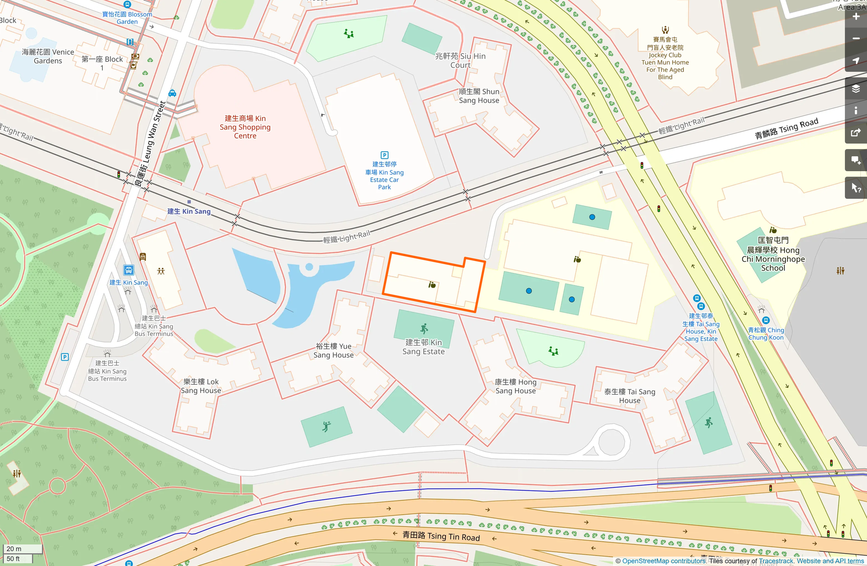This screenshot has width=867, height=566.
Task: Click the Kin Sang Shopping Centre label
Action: (245, 127)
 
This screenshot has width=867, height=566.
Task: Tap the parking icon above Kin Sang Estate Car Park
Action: (384, 155)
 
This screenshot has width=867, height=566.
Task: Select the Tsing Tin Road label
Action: (441, 536)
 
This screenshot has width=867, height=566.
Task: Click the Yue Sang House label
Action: (334, 351)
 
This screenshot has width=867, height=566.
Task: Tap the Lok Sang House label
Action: (201, 386)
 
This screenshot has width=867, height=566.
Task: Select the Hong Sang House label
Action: (515, 387)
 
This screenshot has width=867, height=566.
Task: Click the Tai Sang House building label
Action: (630, 396)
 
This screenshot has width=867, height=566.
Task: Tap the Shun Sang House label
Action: (479, 96)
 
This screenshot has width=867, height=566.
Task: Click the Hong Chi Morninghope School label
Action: (773, 254)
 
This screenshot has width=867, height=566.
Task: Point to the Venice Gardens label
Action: (48, 56)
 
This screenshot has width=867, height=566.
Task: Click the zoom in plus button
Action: (856, 17)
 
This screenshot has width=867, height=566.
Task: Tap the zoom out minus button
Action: (856, 39)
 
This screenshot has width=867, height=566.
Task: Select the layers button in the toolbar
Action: (856, 88)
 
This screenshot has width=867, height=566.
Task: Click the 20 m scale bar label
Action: (14, 549)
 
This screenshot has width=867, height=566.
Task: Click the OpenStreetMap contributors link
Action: (663, 561)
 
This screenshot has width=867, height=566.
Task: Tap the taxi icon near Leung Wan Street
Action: (172, 93)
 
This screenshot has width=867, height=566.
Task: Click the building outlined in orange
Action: (433, 283)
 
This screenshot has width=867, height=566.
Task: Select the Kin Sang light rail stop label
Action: (189, 211)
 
